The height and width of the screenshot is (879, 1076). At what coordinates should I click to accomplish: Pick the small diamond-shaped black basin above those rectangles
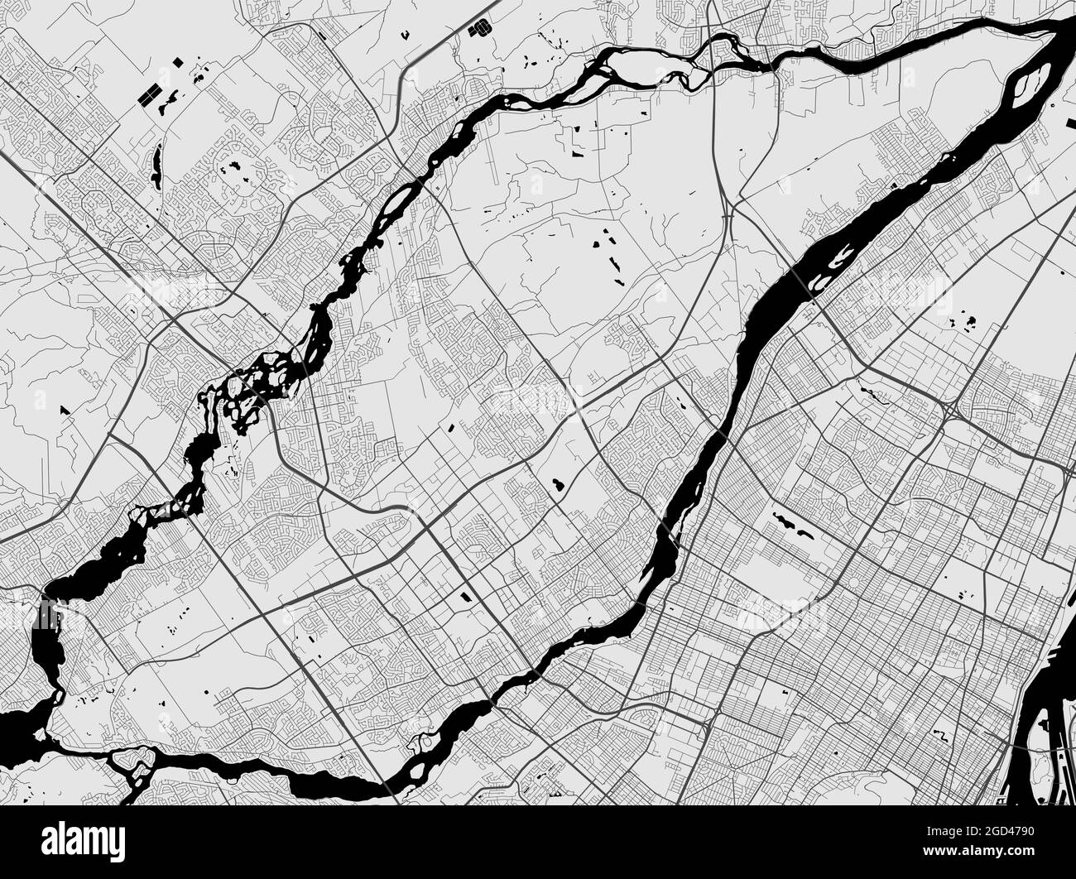tap(180, 61)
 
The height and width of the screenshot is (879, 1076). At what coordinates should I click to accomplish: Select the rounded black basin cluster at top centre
tap(478, 30)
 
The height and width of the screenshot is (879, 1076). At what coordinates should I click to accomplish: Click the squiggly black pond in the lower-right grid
tap(942, 736)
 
